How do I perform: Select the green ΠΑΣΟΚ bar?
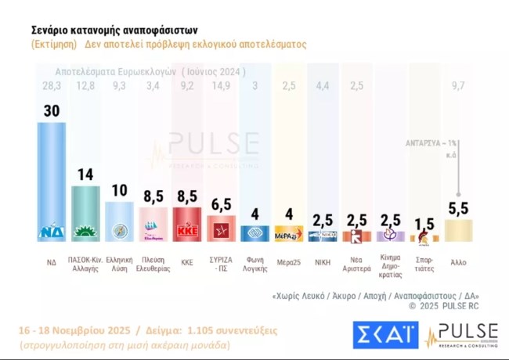click(85, 207)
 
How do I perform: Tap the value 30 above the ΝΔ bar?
click(52, 112)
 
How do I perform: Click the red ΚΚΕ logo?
click(186, 232)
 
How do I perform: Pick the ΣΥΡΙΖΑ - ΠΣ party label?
click(221, 260)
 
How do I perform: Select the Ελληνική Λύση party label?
click(119, 260)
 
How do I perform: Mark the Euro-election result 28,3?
click(52, 85)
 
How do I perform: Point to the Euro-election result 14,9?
click(221, 85)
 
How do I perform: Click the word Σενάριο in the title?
click(52, 29)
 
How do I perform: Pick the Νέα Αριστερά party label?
click(356, 260)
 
